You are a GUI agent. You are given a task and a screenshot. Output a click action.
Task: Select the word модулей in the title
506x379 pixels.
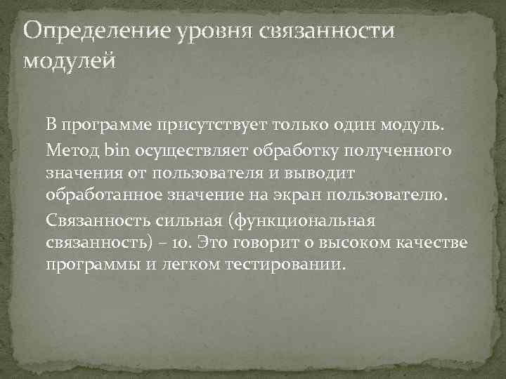[68, 61]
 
